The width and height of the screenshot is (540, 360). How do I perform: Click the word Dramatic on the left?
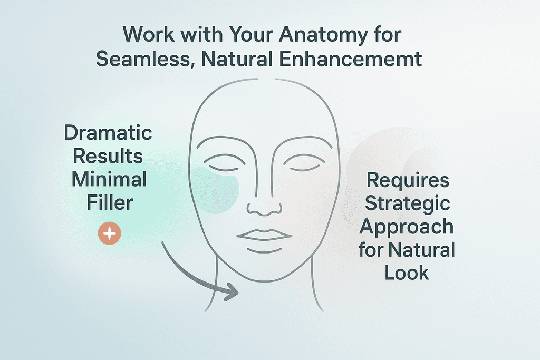tap(108, 132)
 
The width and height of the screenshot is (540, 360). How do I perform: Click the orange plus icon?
tap(110, 233)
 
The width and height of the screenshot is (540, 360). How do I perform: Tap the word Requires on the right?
tap(408, 181)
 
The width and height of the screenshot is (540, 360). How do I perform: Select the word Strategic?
tap(409, 203)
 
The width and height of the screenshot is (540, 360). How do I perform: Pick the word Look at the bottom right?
tap(407, 273)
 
